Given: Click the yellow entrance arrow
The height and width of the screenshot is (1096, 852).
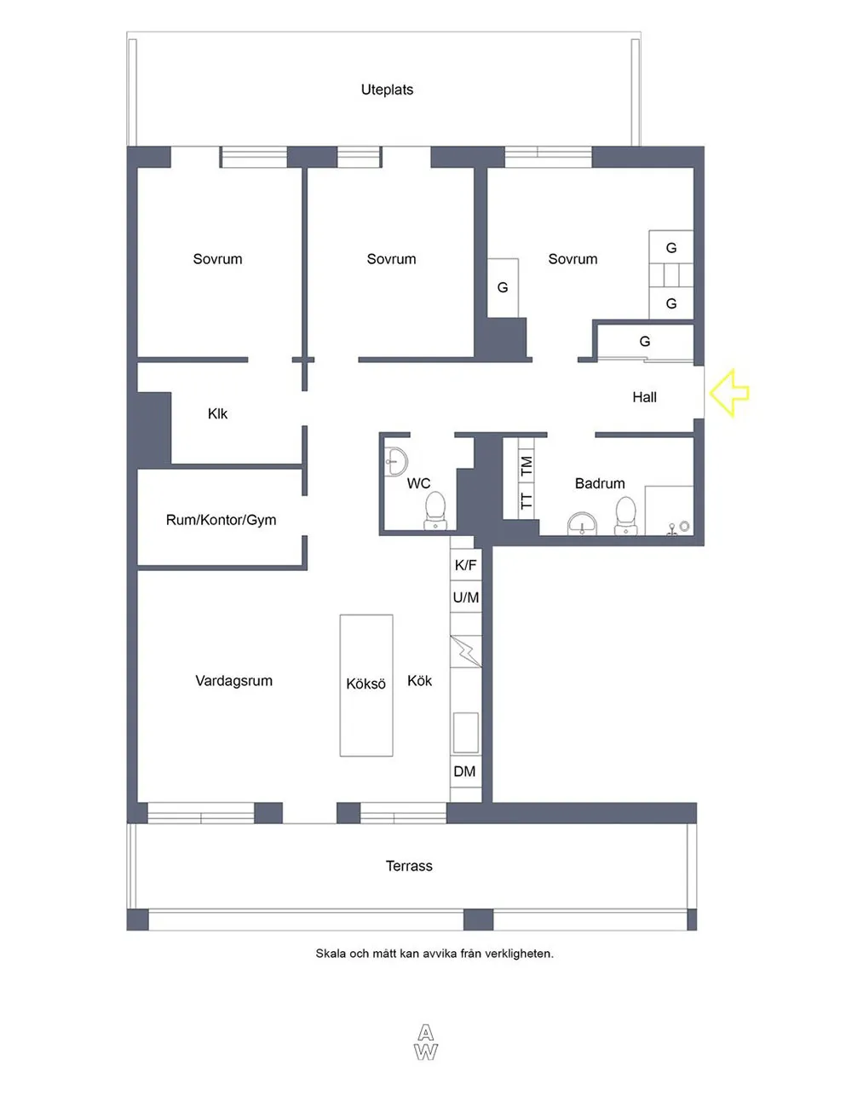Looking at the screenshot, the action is (x=729, y=394).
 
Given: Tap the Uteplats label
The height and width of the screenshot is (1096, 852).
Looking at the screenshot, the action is (x=387, y=89).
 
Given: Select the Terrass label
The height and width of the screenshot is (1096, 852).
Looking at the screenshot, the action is (x=409, y=866).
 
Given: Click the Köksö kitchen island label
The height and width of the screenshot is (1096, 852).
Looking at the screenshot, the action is (x=366, y=684).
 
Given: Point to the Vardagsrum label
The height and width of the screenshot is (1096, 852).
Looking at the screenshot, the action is (x=234, y=681).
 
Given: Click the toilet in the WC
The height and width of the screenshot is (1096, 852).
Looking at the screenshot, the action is (x=435, y=511).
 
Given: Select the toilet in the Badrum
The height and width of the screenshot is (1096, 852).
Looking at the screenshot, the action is (x=625, y=516).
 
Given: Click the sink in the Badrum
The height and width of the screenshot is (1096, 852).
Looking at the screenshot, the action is (x=582, y=523).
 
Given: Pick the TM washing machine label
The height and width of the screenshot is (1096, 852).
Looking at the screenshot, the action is (x=526, y=466).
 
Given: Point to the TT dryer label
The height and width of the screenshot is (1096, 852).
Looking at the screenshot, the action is (x=526, y=501).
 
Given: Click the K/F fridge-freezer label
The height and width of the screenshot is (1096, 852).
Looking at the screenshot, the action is (x=465, y=565).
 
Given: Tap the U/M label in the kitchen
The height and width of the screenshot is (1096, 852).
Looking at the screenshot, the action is (x=465, y=597).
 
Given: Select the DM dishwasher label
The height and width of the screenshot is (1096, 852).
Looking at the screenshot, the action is (x=464, y=771).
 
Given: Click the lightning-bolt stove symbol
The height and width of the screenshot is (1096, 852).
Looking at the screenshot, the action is (x=465, y=650).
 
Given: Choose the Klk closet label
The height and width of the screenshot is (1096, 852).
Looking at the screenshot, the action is (x=217, y=413).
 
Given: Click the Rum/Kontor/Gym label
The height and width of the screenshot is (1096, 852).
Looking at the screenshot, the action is (x=221, y=520).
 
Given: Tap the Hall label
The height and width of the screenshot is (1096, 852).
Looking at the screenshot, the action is (x=644, y=397).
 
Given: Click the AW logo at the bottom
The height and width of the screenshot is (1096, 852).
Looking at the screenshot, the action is (x=425, y=1042).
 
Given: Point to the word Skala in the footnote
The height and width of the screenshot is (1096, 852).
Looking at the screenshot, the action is (x=329, y=954).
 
